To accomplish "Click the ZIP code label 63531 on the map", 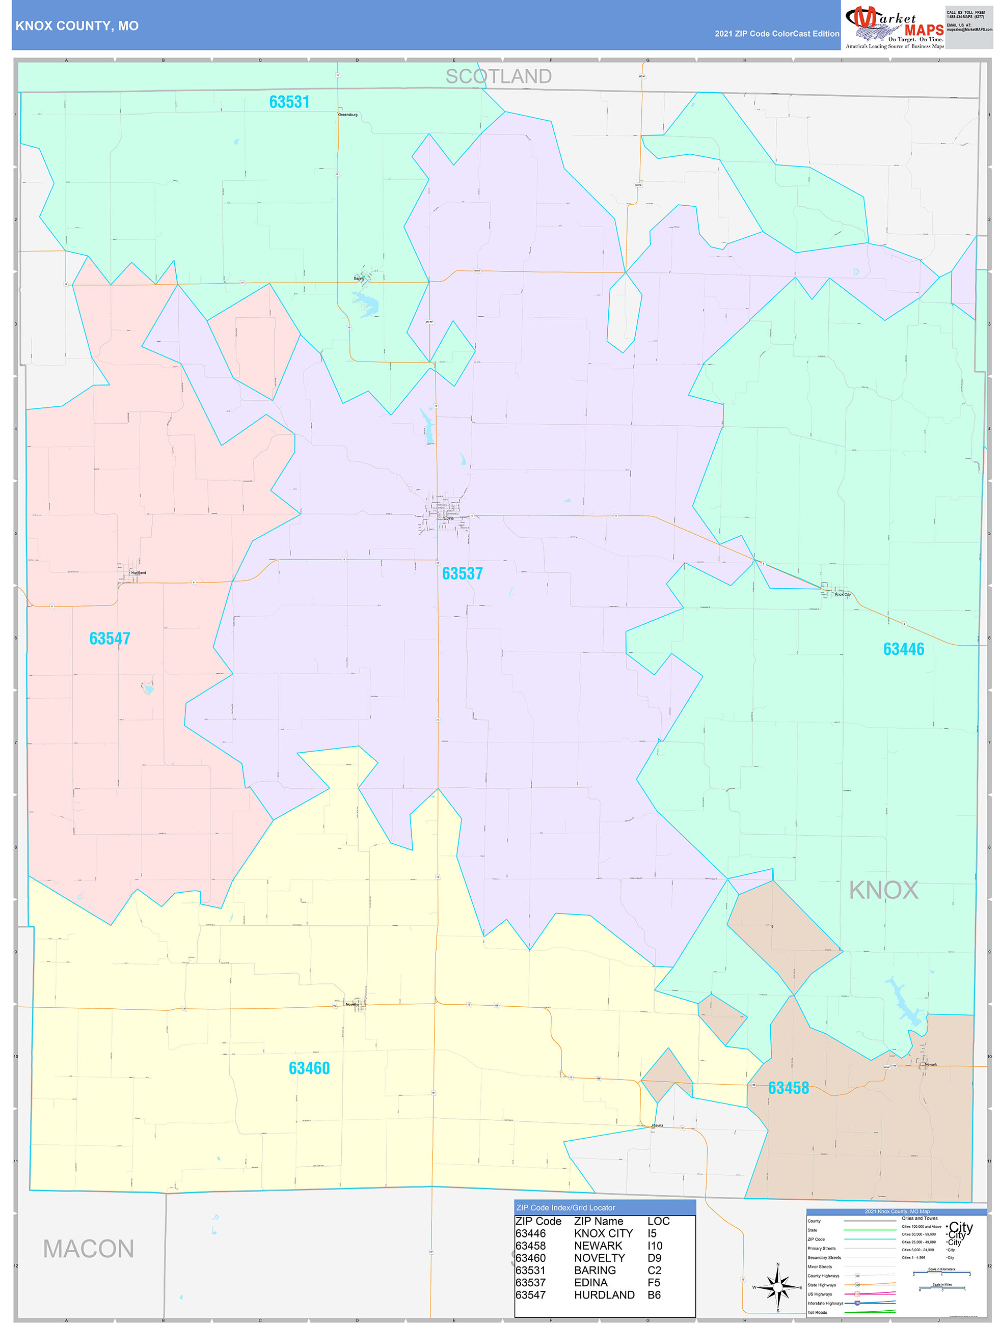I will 289,102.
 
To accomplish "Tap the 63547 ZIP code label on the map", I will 110,639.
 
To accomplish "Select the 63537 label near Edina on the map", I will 462,573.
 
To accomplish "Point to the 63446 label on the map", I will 904,649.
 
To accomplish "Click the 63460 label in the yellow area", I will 309,1068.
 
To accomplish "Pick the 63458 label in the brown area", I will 788,1088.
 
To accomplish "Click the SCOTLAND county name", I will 498,76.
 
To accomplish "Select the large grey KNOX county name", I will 883,890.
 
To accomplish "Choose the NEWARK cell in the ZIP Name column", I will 598,1246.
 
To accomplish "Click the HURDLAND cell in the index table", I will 604,1294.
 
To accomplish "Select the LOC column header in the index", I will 658,1221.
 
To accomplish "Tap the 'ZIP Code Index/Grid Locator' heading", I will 565,1207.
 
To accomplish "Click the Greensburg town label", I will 347,115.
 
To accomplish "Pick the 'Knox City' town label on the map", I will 843,594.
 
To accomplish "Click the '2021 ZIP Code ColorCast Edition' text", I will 777,34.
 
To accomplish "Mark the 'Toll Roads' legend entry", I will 817,1313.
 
